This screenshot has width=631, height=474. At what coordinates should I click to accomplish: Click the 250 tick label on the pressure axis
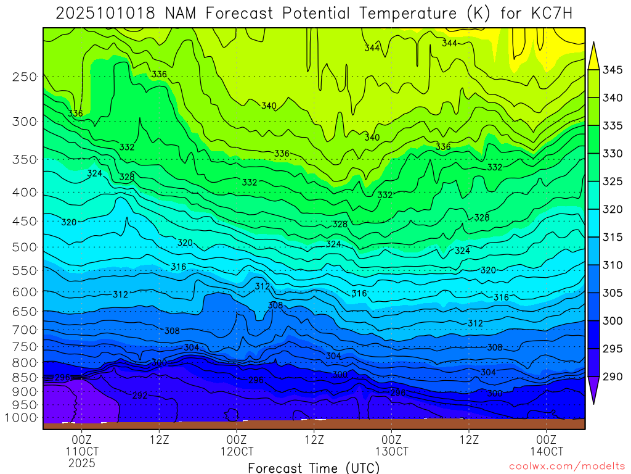25,77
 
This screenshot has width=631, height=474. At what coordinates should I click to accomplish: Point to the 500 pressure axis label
25,247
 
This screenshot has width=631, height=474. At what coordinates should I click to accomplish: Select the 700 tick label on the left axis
25,330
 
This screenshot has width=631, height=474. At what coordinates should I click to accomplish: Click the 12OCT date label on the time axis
237,451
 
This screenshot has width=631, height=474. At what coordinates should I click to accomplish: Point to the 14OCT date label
547,451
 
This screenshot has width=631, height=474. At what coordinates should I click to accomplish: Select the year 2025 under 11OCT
82,463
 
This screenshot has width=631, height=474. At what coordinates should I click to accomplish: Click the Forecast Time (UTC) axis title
314,468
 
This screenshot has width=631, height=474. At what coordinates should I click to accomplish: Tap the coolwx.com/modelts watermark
566,465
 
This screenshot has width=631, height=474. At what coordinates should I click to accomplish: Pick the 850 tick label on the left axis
25,376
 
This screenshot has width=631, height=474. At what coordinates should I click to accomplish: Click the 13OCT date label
391,451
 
